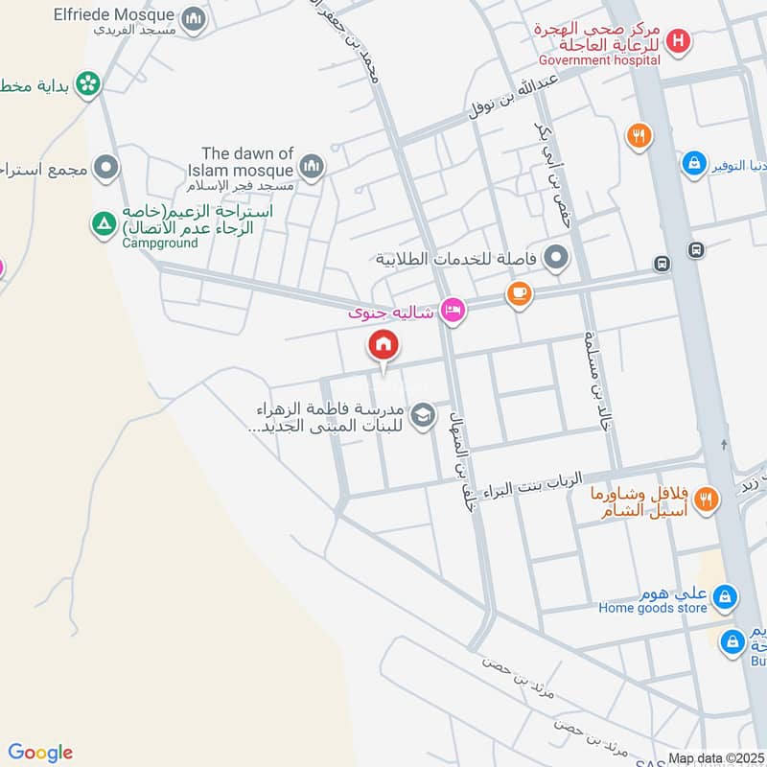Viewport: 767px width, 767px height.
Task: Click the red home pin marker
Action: coord(383,344)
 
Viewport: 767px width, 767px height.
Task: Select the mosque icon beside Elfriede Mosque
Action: coord(194,18)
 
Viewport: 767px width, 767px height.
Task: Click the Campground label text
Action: coord(160,243)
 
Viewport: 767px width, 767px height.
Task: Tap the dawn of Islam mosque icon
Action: coord(311,168)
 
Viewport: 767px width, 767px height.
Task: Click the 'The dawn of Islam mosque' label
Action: coord(247,161)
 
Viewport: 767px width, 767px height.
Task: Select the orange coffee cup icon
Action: coord(519,294)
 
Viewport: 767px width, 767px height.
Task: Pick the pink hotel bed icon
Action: coord(453,310)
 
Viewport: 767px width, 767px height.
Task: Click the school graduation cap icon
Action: coord(422,416)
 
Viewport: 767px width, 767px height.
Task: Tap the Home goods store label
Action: coord(653,607)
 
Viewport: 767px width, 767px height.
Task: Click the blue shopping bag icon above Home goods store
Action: coord(726,597)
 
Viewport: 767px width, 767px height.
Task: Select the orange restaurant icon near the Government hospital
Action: coord(639,135)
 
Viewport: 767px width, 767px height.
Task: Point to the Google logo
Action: coord(40,753)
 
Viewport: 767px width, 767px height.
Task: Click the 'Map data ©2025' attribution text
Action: coord(714,758)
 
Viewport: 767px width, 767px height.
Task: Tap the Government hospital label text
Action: coord(599,59)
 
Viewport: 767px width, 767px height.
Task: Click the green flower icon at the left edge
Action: coord(88,84)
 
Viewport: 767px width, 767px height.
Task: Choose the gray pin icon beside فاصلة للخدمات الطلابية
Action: coord(555,257)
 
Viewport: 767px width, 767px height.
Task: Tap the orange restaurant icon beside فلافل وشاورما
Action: coord(706,499)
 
